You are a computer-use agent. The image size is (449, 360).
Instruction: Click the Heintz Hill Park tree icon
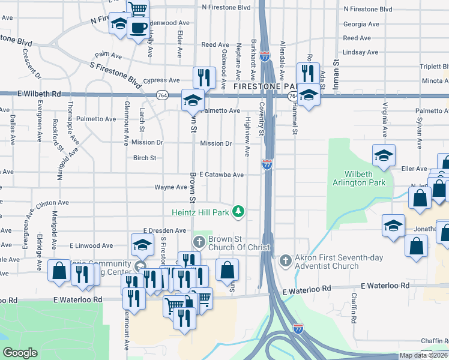point(239,211)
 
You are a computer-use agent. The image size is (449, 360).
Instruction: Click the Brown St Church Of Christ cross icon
point(200,242)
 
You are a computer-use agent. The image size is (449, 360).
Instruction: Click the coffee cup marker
point(138,28)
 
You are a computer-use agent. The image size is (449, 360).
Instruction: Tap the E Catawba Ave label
point(221,175)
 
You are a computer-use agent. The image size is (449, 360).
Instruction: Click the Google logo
point(20,353)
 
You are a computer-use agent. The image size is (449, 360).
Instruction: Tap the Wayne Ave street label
point(171,187)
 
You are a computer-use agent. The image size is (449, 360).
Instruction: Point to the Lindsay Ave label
point(360,52)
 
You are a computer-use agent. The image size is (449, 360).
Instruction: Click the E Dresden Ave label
point(164,230)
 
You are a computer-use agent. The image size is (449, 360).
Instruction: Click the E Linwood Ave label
point(91,245)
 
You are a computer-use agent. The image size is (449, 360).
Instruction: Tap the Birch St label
point(144,158)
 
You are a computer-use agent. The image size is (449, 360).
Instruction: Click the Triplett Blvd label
point(435,67)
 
